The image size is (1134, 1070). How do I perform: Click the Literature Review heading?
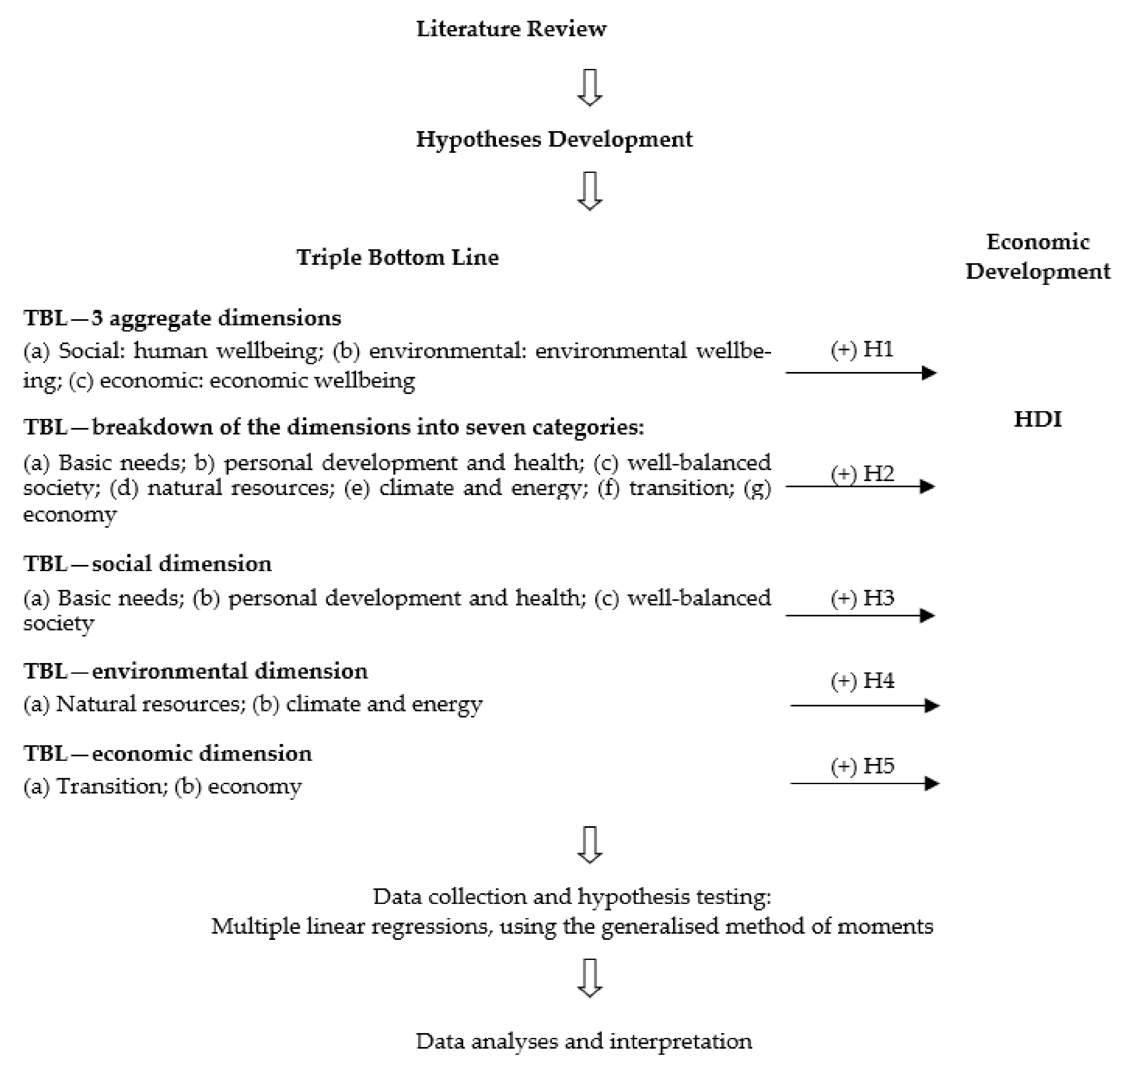(511, 28)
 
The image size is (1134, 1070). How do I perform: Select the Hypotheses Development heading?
(554, 139)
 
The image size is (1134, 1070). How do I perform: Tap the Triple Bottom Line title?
(398, 257)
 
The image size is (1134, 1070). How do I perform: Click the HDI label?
(1038, 419)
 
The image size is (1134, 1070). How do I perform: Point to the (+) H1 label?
(862, 349)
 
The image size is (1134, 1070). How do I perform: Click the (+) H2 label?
(862, 473)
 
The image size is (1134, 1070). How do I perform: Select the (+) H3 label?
(862, 598)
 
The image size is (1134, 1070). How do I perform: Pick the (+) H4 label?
(862, 681)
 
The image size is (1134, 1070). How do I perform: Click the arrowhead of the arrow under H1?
(929, 373)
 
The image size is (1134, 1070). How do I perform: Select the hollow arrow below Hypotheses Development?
(590, 191)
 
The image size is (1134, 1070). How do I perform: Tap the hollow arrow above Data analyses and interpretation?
(590, 978)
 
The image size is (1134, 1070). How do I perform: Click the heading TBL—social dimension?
(148, 564)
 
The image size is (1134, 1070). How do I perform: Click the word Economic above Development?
(1038, 242)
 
